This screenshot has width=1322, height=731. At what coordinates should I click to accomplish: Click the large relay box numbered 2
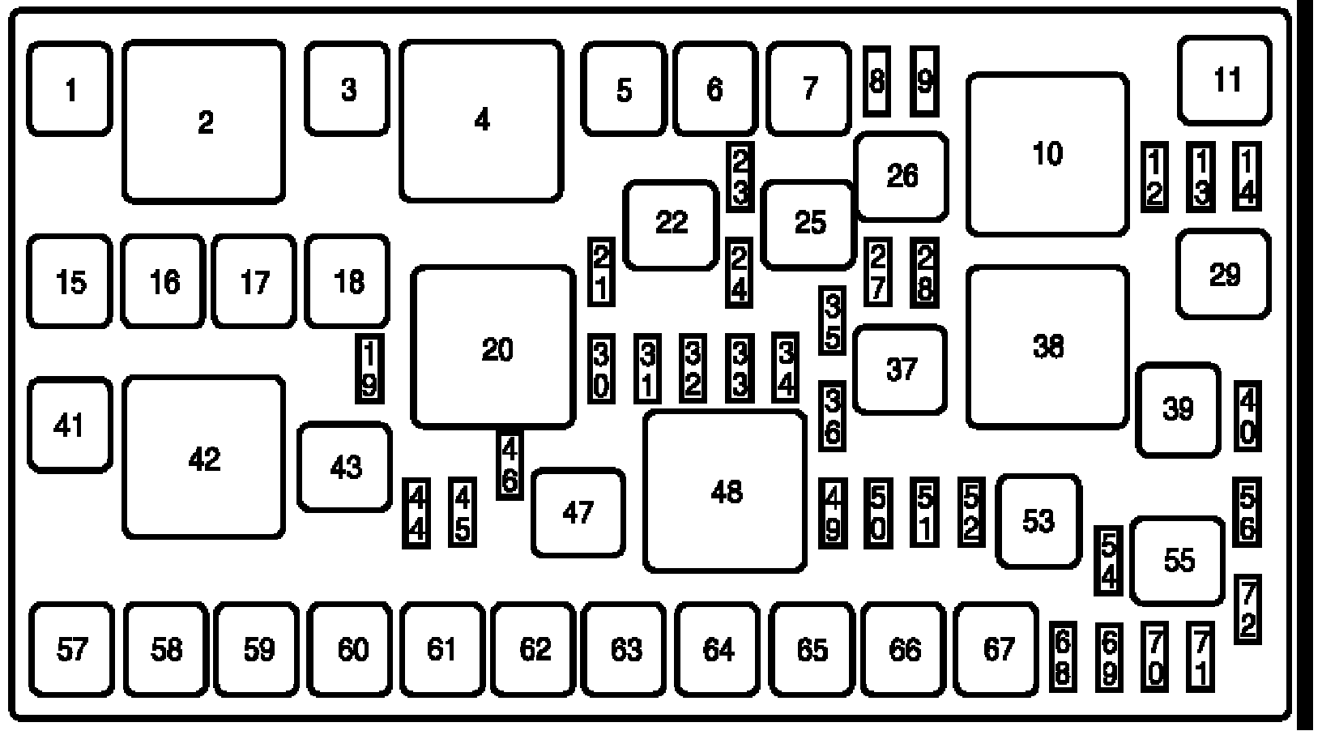(204, 122)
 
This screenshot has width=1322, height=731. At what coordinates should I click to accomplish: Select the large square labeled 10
(1047, 154)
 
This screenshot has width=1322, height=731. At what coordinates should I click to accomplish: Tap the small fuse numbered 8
(877, 81)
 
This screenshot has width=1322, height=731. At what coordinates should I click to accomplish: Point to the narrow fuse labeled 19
(369, 370)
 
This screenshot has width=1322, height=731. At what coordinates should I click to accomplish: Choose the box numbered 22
(671, 223)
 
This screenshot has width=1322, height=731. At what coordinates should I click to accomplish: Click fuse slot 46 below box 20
(510, 464)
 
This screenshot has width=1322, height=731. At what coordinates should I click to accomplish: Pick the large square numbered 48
(725, 491)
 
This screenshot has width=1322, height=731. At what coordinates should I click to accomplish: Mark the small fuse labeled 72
(1247, 609)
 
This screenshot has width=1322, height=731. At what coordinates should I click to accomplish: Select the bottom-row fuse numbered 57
(71, 649)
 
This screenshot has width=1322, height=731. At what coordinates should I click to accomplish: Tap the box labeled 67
(997, 649)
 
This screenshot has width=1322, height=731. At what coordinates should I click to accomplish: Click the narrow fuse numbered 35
(833, 321)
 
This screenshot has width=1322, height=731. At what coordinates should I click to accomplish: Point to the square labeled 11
(1225, 80)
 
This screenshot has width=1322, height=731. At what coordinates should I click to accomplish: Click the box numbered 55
(1178, 561)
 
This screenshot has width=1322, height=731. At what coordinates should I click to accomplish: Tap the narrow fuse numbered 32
(692, 369)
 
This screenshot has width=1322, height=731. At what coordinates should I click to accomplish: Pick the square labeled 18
(348, 282)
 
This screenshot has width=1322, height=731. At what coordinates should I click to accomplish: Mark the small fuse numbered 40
(1247, 417)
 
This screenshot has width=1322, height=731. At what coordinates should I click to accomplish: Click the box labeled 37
(900, 370)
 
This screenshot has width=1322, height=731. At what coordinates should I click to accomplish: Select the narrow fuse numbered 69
(1109, 656)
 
